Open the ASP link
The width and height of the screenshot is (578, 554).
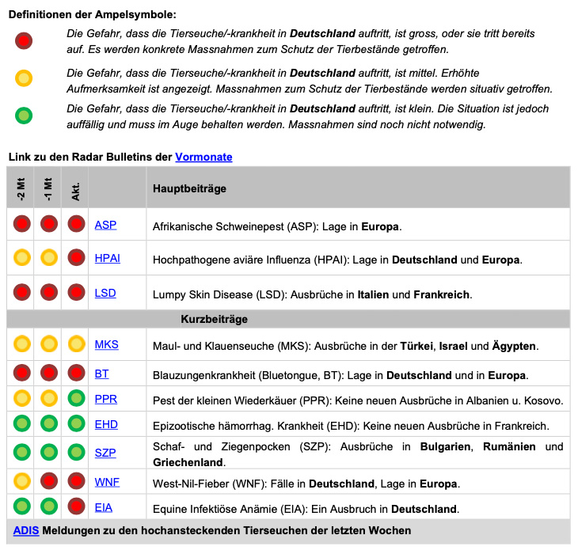[105, 225]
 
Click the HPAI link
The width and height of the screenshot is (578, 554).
[108, 259]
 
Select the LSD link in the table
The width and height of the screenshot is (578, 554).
[105, 293]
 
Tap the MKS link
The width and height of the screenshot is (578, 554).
[107, 345]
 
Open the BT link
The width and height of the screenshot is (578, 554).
[102, 374]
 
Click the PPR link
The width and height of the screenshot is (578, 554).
[106, 399]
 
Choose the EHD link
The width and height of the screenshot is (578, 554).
[106, 425]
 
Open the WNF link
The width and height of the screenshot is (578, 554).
[108, 482]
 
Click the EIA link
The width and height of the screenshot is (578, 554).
[104, 507]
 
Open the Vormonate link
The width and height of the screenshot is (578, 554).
[203, 157]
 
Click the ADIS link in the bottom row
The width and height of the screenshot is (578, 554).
[26, 530]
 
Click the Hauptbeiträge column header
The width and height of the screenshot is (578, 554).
[189, 189]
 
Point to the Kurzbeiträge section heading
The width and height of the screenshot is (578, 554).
[214, 319]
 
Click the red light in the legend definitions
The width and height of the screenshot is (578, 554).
[24, 40]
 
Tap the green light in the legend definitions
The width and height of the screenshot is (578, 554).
[24, 116]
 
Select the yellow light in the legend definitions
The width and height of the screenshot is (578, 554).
[24, 78]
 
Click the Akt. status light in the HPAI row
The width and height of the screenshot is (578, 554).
[76, 259]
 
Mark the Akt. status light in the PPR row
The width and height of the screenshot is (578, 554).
[76, 399]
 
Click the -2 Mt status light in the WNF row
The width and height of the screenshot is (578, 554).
[22, 482]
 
